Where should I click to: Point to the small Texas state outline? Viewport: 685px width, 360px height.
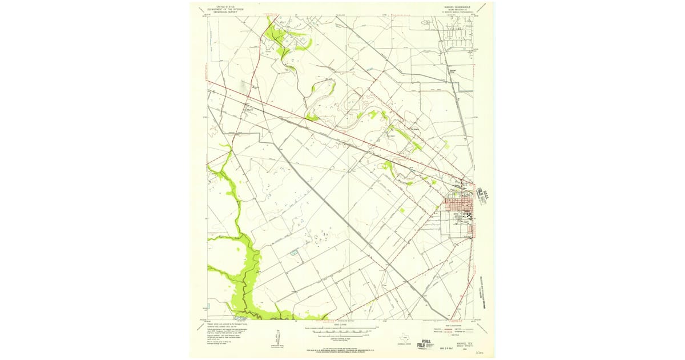405,337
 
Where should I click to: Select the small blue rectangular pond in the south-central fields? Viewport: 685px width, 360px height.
294,252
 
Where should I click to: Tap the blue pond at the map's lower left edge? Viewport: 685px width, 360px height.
209,306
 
